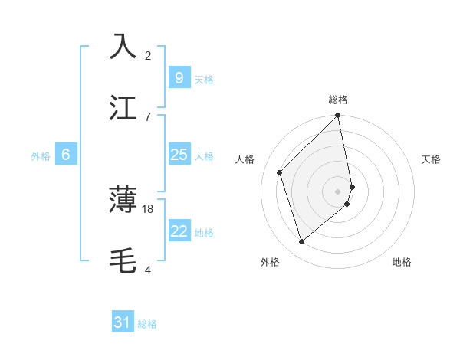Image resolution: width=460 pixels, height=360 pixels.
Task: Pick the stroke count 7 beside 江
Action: tap(148, 116)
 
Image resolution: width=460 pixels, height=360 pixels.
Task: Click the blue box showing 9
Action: tap(179, 77)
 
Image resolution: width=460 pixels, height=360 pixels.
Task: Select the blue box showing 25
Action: tap(179, 155)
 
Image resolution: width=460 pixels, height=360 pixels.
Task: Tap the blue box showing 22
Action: tap(179, 231)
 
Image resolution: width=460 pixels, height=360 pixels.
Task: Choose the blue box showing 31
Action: tap(123, 322)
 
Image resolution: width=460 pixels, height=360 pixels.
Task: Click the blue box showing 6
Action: tap(66, 155)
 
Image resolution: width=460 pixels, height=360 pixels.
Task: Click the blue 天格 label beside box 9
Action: tap(204, 79)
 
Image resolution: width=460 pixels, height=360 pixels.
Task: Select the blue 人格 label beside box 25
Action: tap(204, 156)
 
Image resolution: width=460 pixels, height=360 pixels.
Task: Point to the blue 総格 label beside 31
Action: tap(147, 324)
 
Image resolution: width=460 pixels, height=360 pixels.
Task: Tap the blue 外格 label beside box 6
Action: tap(41, 156)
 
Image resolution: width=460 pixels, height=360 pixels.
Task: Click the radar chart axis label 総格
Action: tap(338, 100)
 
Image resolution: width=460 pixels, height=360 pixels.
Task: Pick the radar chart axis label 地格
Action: tap(402, 262)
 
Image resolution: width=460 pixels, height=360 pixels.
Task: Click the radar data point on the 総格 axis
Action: tap(338, 116)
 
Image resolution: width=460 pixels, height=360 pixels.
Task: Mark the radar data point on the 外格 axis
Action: tap(302, 242)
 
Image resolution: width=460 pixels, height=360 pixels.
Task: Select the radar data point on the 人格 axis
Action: tap(280, 172)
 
